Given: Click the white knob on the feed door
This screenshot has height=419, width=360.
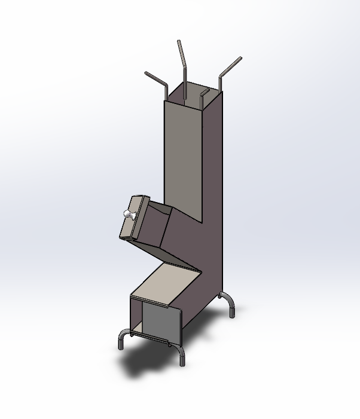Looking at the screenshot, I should tap(127, 213).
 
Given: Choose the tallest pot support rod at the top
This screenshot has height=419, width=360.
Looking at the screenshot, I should tap(183, 60).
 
